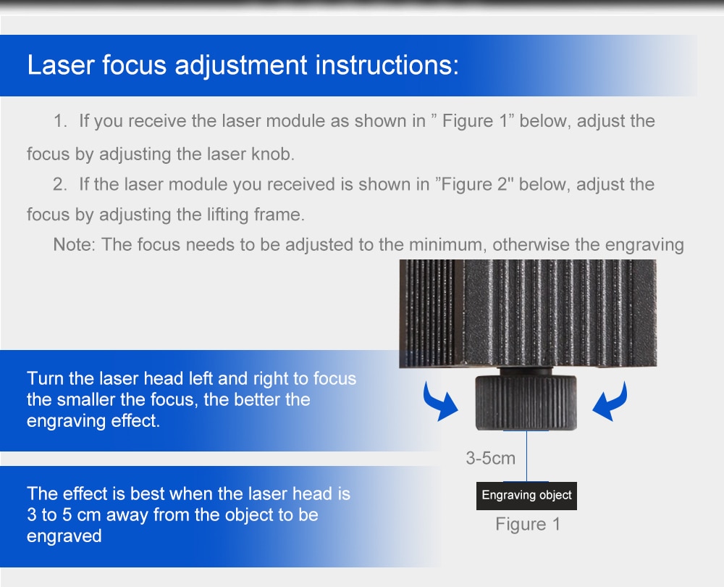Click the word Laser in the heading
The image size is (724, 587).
pyautogui.click(x=61, y=64)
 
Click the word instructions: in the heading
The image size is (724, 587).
pyautogui.click(x=387, y=64)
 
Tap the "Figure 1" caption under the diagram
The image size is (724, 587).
pyautogui.click(x=528, y=524)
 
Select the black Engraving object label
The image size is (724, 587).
pyautogui.click(x=526, y=496)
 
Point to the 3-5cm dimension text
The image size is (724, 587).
pyautogui.click(x=490, y=458)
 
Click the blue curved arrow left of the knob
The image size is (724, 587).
pyautogui.click(x=440, y=401)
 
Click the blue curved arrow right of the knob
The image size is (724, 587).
pyautogui.click(x=610, y=401)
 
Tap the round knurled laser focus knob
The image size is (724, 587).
pyautogui.click(x=526, y=403)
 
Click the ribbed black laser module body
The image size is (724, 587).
pyautogui.click(x=528, y=313)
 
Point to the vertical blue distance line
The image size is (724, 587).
pyautogui.click(x=526, y=457)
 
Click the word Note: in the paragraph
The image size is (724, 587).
pyautogui.click(x=75, y=244)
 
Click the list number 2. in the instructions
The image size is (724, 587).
pyautogui.click(x=60, y=184)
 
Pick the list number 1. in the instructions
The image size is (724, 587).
pyautogui.click(x=61, y=121)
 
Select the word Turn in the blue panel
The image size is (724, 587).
pyautogui.click(x=45, y=378)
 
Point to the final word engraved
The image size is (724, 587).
pyautogui.click(x=64, y=536)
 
